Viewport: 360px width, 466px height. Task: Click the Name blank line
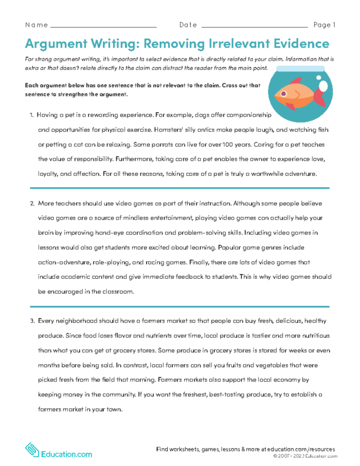point(103,26)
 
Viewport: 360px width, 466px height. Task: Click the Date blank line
point(255,26)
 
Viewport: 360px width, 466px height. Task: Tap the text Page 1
point(324,25)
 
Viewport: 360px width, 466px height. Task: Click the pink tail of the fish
point(319,97)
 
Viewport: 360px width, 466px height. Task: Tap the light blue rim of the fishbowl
point(300,68)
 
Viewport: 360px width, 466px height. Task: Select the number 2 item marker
point(31,204)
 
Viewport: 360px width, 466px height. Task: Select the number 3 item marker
point(31,321)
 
